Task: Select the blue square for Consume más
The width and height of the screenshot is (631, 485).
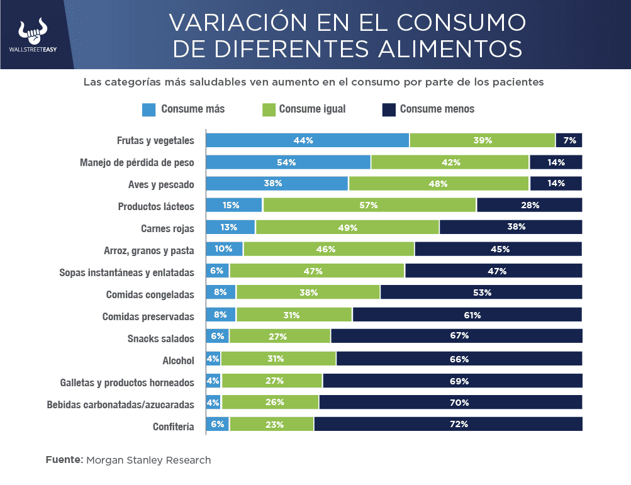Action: click(148, 109)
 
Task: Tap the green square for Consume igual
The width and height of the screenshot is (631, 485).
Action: click(267, 109)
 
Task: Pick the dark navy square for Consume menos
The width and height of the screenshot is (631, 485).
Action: click(388, 109)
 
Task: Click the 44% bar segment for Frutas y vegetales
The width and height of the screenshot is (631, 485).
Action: click(307, 140)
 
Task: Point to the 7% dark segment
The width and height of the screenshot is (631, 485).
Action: click(569, 140)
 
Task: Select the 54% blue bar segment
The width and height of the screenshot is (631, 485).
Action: click(288, 162)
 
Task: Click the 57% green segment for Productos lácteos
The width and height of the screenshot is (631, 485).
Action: click(369, 206)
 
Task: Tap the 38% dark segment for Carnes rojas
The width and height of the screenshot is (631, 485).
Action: click(510, 227)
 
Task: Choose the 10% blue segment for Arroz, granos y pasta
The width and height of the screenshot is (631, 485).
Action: click(224, 249)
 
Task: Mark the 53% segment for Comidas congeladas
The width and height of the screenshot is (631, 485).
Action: click(481, 293)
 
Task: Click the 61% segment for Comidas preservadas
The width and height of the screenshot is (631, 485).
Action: click(467, 315)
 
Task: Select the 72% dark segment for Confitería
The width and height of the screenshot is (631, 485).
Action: click(448, 424)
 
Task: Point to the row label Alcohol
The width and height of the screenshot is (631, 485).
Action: click(178, 360)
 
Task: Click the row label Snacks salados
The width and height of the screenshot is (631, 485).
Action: click(160, 338)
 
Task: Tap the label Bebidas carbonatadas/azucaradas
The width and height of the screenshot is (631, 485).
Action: click(120, 404)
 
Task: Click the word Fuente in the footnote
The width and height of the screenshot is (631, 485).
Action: click(64, 460)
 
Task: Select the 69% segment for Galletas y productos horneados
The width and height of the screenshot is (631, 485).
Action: click(452, 381)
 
